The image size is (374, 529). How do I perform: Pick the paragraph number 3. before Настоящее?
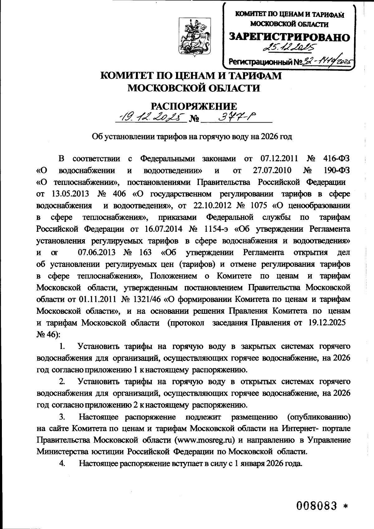coord(62,417)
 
